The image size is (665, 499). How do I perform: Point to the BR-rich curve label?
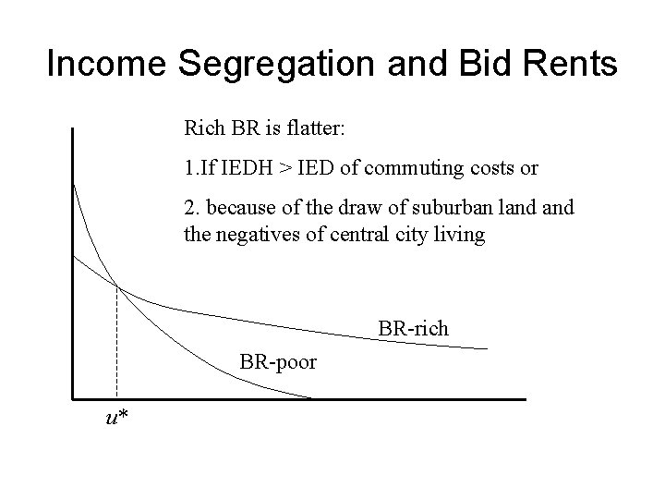point(413,328)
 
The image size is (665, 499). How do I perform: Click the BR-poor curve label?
point(278,361)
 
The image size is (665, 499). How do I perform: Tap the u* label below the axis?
point(116,418)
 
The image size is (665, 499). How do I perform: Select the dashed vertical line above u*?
point(117,342)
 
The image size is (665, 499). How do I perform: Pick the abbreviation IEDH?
point(237,168)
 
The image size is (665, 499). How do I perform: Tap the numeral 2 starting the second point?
point(190,209)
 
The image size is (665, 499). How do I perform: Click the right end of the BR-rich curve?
point(487,348)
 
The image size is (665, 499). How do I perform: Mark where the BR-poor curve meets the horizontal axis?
point(312,398)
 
